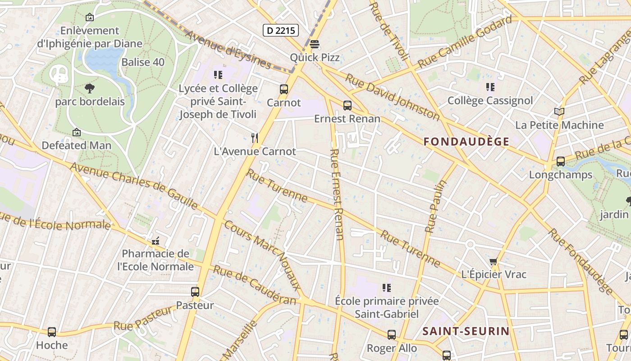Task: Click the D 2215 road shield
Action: (x=281, y=30)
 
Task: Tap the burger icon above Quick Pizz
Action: (x=315, y=44)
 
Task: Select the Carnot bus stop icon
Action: (x=284, y=89)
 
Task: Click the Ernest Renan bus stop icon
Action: (x=347, y=106)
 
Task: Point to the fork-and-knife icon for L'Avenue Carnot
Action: (x=255, y=138)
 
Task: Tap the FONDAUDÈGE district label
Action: (x=466, y=142)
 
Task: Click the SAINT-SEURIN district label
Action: (x=466, y=332)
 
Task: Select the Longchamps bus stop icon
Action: (x=561, y=162)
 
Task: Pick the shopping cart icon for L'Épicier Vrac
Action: (x=494, y=261)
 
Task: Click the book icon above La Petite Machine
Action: (x=559, y=111)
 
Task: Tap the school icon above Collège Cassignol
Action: (x=490, y=87)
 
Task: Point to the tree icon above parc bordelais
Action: (x=90, y=88)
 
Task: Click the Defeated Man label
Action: (x=76, y=145)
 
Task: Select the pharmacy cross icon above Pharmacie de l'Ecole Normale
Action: (x=155, y=241)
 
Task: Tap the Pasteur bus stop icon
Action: (x=195, y=292)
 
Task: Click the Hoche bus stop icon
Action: (x=52, y=332)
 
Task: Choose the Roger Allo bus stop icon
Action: (x=392, y=335)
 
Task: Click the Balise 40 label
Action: (x=143, y=62)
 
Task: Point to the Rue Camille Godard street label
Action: (x=465, y=42)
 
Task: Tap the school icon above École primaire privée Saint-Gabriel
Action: (x=386, y=287)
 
